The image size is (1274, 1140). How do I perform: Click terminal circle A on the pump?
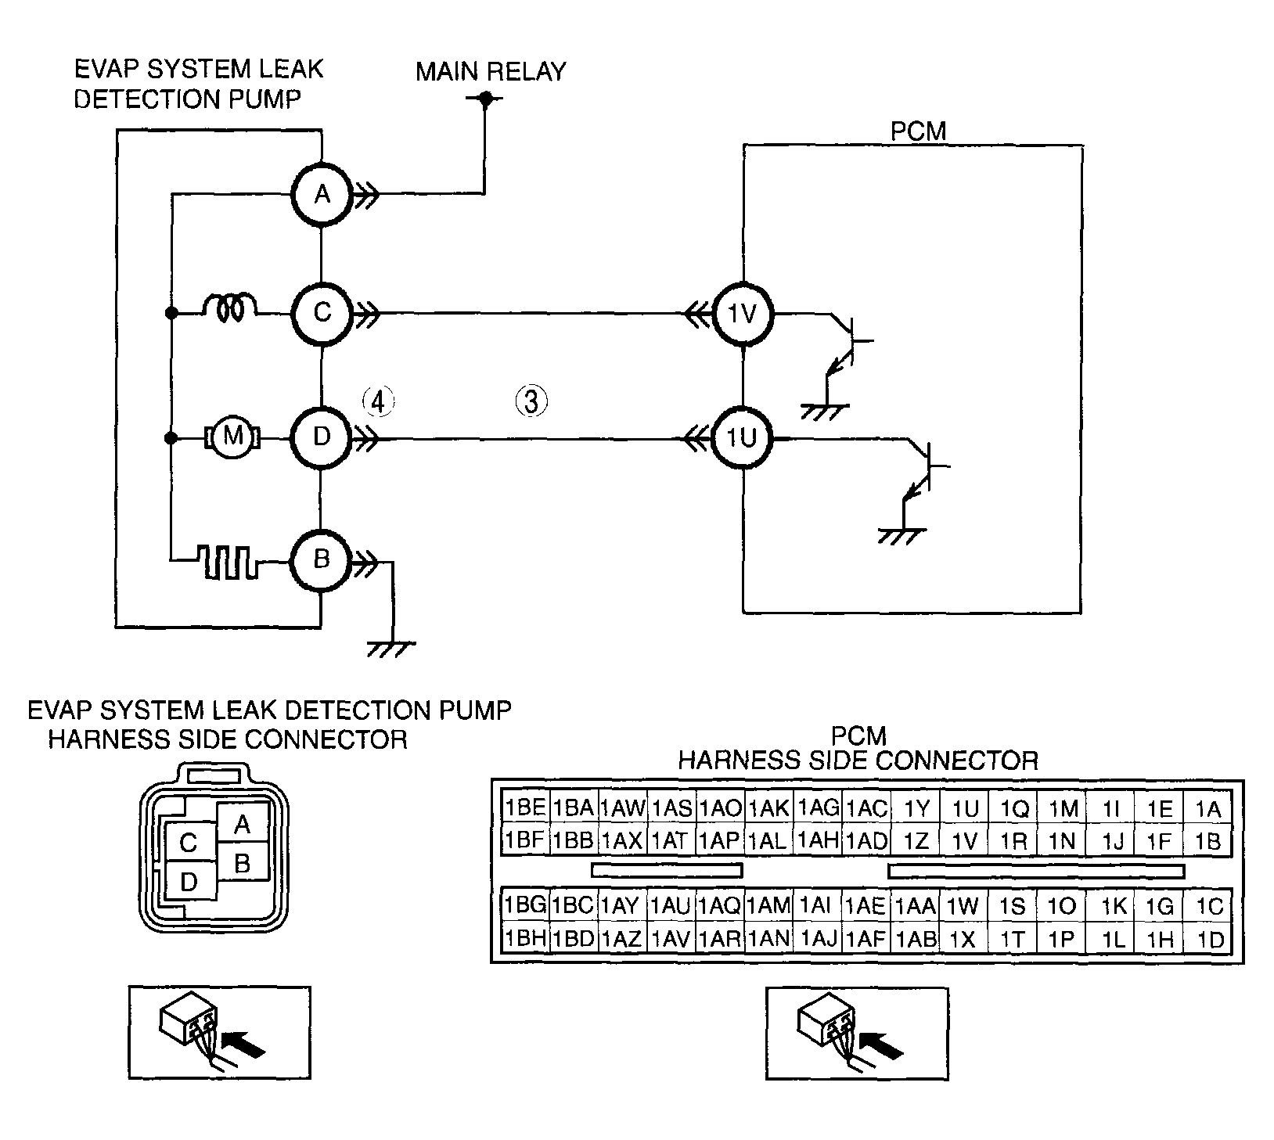(x=322, y=195)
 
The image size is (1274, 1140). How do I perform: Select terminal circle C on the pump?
(x=322, y=314)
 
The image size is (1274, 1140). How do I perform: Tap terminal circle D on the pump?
(x=322, y=437)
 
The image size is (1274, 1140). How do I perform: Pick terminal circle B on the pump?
(x=322, y=560)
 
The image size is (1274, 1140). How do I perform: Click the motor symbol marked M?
(x=232, y=437)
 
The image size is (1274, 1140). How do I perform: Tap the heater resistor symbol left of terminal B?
(x=229, y=560)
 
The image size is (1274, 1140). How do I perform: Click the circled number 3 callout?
(x=531, y=401)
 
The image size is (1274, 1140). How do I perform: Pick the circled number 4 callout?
(x=377, y=401)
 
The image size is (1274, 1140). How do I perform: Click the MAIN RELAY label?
(x=491, y=72)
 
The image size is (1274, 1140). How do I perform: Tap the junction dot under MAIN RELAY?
(x=484, y=99)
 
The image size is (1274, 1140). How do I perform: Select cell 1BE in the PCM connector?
(x=524, y=807)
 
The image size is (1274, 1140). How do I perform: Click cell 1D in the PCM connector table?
(x=1209, y=938)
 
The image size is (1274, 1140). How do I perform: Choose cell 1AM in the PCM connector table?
(x=769, y=905)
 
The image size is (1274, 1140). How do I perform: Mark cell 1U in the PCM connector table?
(x=965, y=807)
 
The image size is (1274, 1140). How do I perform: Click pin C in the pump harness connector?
(x=188, y=843)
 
